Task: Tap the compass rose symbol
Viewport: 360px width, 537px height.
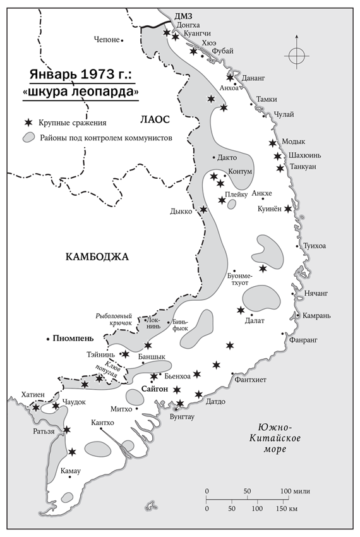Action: [x=296, y=56]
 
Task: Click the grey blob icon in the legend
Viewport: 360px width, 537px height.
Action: [x=28, y=137]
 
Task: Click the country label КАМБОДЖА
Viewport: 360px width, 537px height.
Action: [x=97, y=256]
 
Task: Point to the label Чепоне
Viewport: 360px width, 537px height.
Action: [x=105, y=40]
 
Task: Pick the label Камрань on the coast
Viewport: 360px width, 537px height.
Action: [x=318, y=315]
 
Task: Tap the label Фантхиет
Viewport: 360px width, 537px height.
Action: [x=250, y=379]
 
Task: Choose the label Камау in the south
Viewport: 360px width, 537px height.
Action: [x=69, y=471]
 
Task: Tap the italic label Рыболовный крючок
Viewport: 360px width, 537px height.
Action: [x=113, y=318]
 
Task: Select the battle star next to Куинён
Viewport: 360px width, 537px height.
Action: [x=288, y=209]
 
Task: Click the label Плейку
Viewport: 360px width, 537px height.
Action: [x=237, y=195]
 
